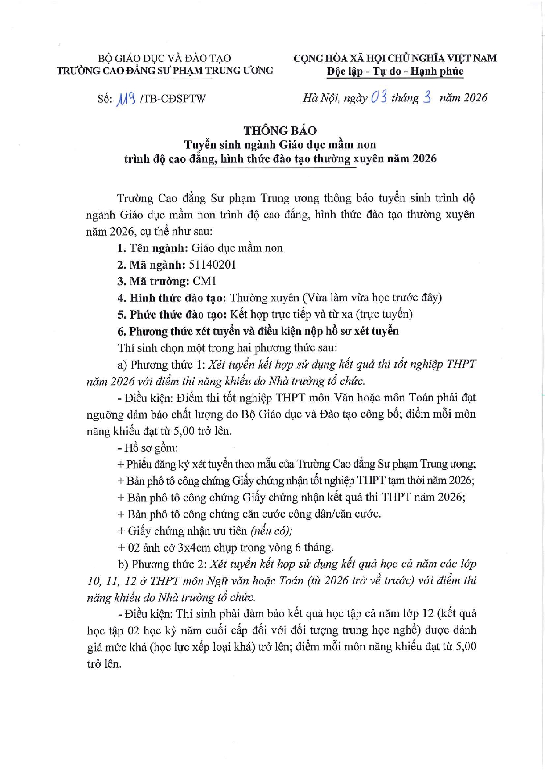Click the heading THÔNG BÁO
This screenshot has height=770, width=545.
coord(280,130)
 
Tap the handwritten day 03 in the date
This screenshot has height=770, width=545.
coord(379,97)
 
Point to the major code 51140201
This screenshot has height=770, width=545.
coord(212,265)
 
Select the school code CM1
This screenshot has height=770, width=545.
coord(204,281)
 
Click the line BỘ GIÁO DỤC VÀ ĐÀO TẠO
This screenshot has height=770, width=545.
coord(164,58)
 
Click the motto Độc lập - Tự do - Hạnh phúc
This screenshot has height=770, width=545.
coord(395,71)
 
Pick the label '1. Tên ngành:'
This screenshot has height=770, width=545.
coord(152,248)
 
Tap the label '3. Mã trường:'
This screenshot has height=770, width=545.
coord(153,281)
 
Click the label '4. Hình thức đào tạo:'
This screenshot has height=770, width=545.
coord(171,298)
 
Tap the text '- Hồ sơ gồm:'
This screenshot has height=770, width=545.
coord(148,448)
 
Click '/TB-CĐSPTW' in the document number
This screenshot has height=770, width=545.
coord(173,98)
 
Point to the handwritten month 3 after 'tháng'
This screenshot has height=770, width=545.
coord(426,97)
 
